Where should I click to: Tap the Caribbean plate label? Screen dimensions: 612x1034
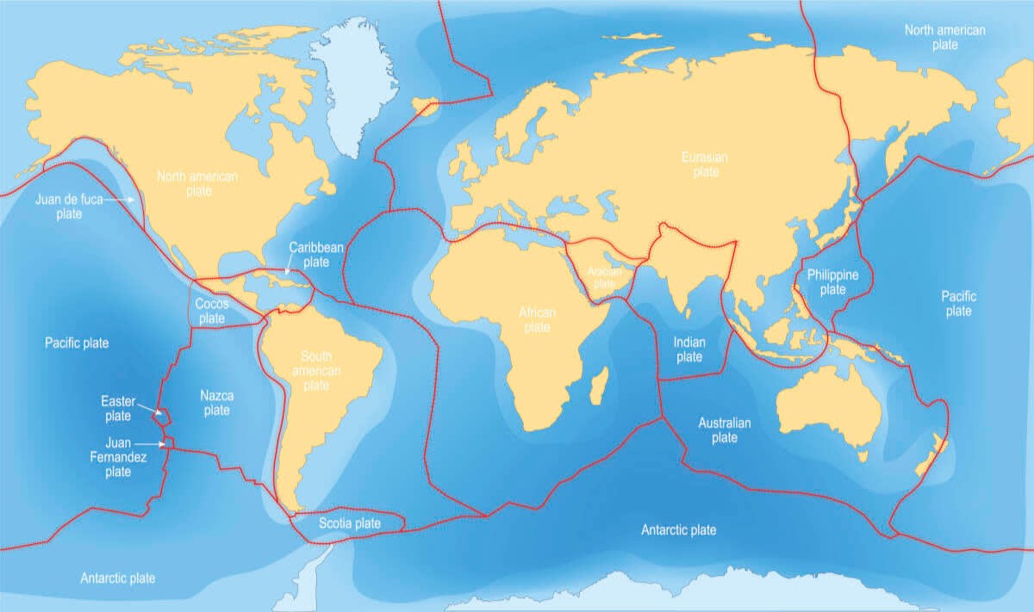click(316, 254)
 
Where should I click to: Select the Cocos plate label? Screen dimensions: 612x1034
click(211, 311)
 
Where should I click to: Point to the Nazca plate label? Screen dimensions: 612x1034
click(216, 403)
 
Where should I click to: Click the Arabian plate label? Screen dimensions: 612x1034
click(604, 276)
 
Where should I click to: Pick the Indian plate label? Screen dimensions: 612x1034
click(689, 349)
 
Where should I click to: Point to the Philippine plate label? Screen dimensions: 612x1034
click(832, 282)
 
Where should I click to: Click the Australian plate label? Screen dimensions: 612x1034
click(724, 430)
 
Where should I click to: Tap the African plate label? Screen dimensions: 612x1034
click(537, 319)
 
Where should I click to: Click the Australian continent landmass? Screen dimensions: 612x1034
click(827, 405)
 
